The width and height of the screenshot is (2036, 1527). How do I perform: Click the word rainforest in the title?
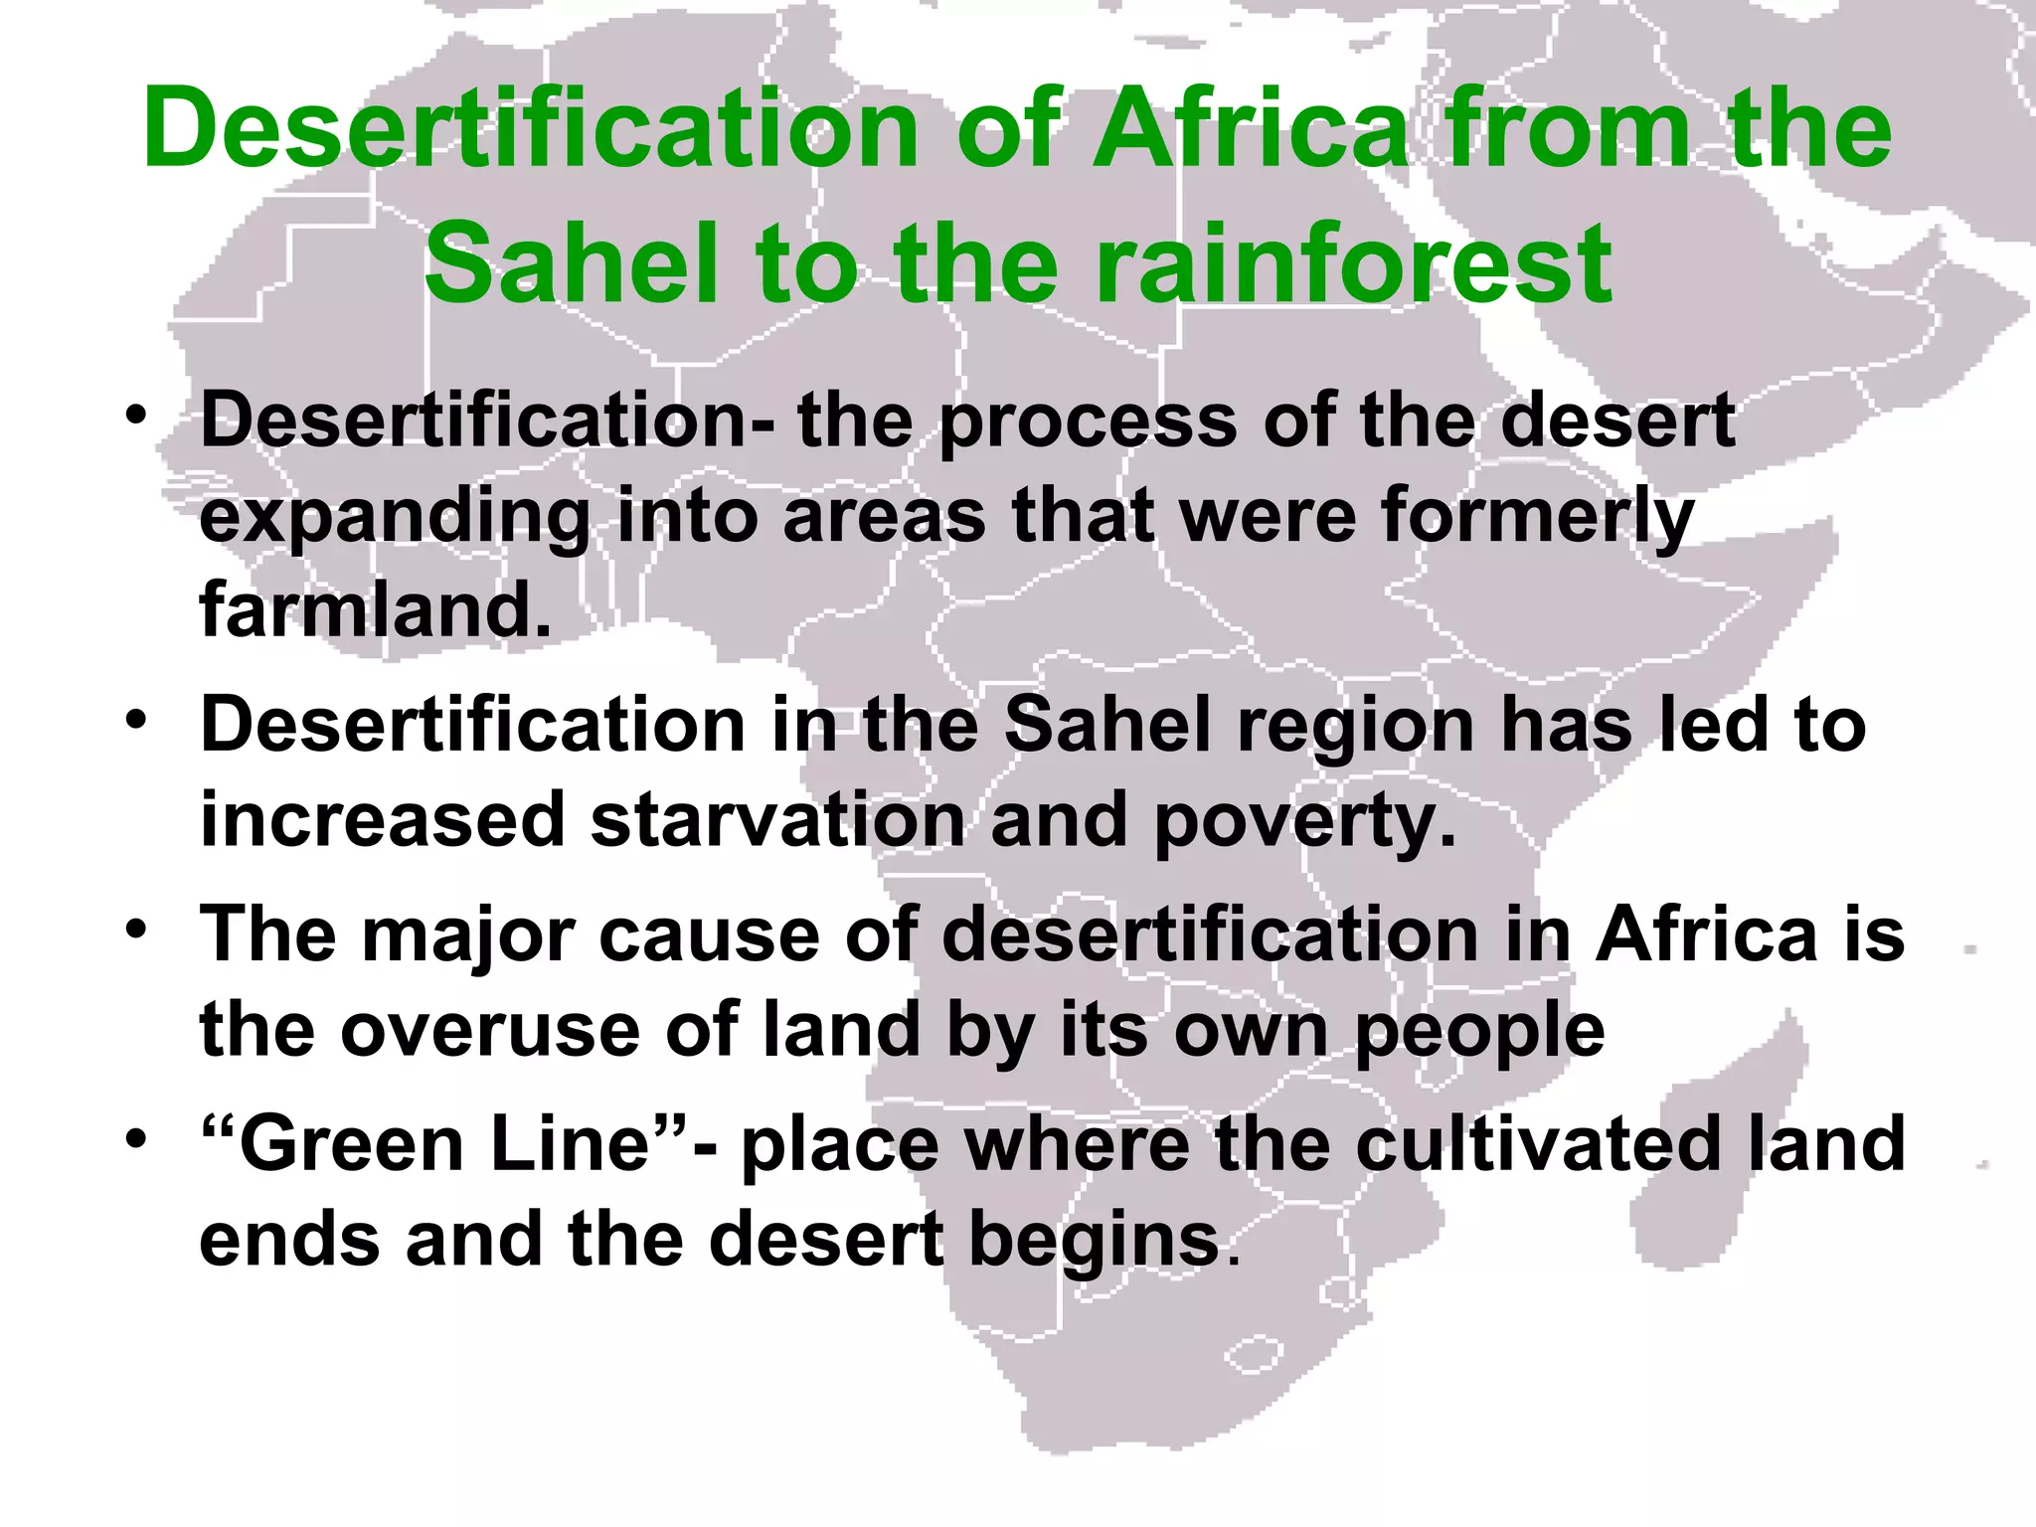(1353, 264)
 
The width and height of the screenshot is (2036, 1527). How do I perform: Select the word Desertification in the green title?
(531, 129)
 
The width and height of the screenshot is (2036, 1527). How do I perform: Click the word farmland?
(375, 608)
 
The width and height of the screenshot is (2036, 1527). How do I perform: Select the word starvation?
(777, 821)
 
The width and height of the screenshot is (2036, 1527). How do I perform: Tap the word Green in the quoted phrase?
(351, 1144)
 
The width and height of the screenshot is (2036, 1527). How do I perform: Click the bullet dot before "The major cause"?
(136, 930)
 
